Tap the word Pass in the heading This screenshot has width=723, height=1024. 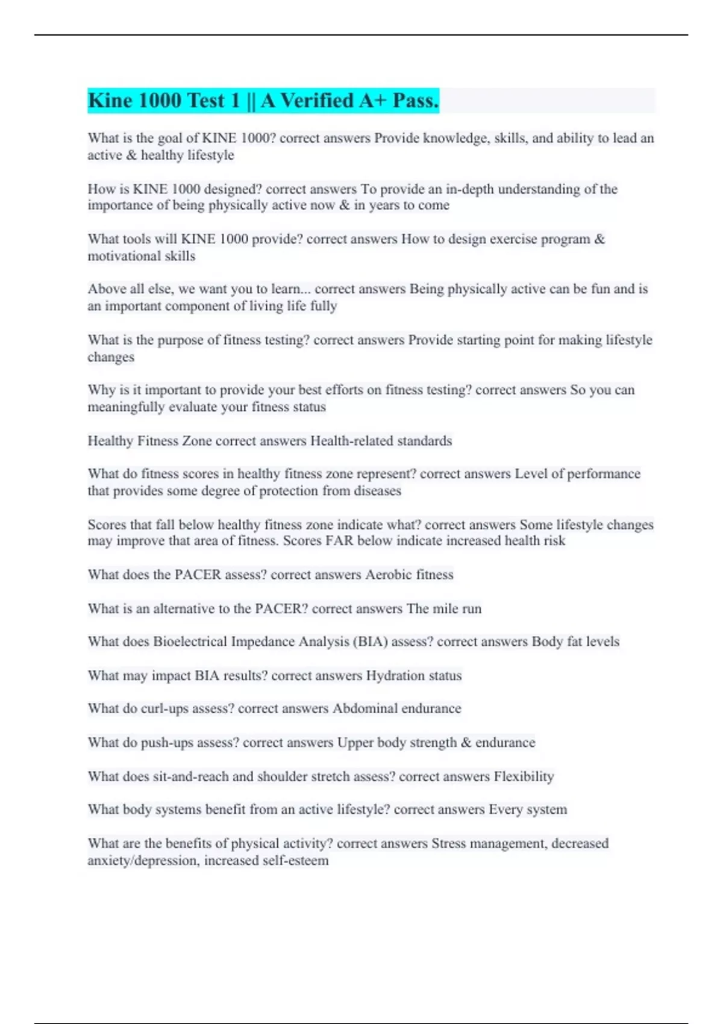tap(415, 101)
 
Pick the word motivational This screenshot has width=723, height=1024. tap(123, 256)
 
